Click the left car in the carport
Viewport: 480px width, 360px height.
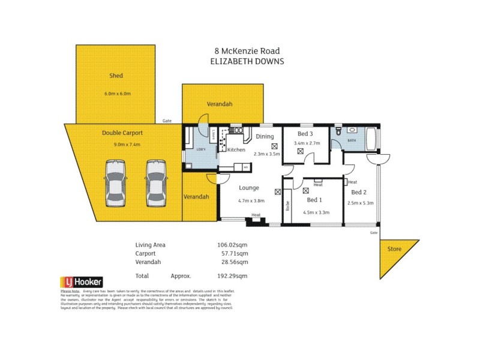[115, 183]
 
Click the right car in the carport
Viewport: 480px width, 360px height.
[155, 183]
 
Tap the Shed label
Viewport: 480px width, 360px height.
[116, 76]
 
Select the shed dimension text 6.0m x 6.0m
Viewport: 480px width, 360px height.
[117, 94]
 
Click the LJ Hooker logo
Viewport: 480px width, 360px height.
[81, 281]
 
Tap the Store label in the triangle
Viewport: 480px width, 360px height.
[394, 248]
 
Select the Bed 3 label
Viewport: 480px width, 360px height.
[305, 133]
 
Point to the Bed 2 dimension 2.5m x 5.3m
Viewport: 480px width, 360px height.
[360, 203]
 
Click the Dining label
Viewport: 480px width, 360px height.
[265, 136]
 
